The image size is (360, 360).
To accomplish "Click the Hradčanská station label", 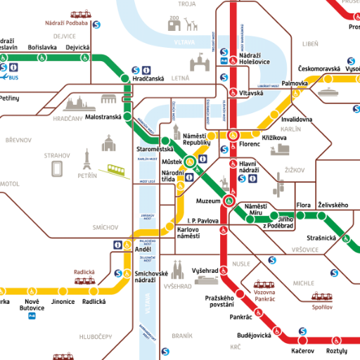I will coord(148,79).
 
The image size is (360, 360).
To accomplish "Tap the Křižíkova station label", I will coord(275,137).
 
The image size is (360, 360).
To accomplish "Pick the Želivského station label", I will coord(333,205).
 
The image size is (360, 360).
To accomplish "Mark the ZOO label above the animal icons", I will coord(174,18).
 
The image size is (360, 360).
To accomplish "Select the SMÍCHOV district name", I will coord(105,228).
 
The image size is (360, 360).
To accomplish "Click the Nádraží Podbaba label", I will coord(67,23).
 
